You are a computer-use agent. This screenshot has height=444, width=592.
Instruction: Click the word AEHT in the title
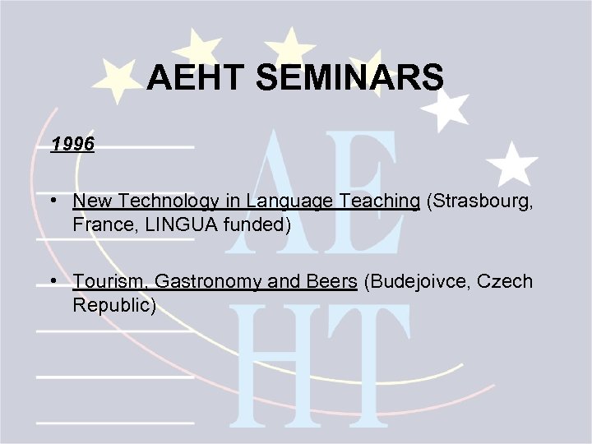tap(197, 79)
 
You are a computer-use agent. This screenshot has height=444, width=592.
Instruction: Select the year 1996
tap(72, 145)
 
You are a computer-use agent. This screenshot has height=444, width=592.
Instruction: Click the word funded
tap(258, 224)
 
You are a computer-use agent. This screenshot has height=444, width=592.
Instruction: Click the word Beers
tap(330, 282)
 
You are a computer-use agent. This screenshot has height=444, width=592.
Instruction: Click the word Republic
tap(113, 305)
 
